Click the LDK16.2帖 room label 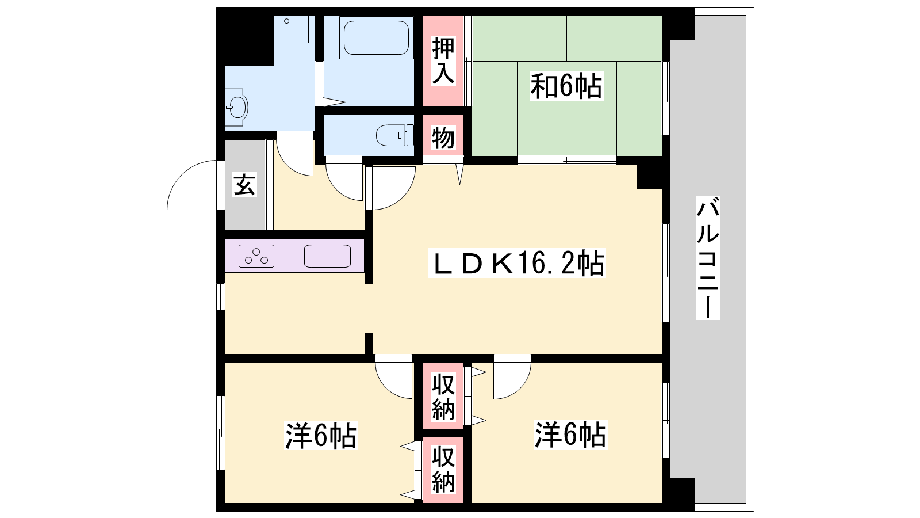(517, 263)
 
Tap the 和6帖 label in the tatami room (566, 86)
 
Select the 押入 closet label (443, 61)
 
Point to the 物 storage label (443, 138)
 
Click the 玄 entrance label (245, 185)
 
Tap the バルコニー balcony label (708, 258)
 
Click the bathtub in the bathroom (376, 37)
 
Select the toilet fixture (395, 135)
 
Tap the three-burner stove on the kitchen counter (256, 256)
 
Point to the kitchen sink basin (327, 256)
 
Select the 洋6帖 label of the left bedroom (321, 435)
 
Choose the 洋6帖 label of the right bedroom (570, 434)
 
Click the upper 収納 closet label (443, 397)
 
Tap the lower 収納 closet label (443, 470)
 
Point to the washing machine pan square (294, 29)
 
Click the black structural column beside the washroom (249, 40)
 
